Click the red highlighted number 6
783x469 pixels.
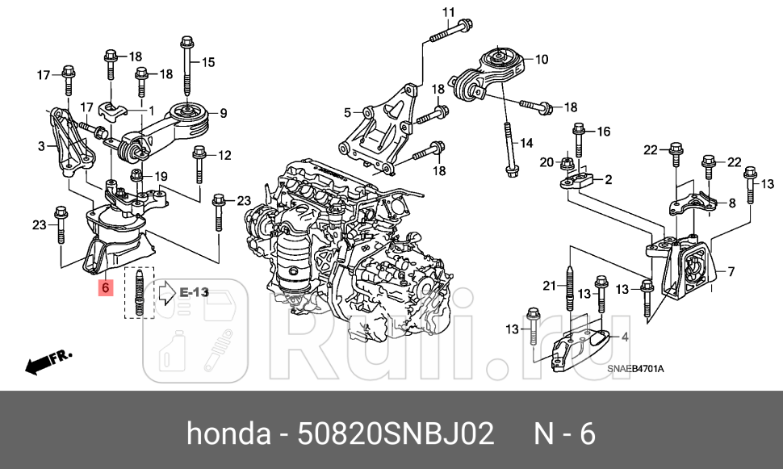106,287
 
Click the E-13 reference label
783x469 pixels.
194,291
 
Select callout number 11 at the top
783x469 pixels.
449,11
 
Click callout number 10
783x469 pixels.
541,59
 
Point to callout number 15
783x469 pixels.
208,62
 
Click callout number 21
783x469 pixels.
550,284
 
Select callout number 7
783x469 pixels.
731,271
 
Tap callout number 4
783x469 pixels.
624,337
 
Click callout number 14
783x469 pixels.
526,144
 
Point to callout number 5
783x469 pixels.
348,112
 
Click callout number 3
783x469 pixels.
42,147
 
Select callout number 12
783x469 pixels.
224,155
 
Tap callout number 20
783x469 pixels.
546,162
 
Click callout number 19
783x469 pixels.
161,175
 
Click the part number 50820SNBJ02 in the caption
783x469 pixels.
396,434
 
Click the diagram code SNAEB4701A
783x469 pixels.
635,369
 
